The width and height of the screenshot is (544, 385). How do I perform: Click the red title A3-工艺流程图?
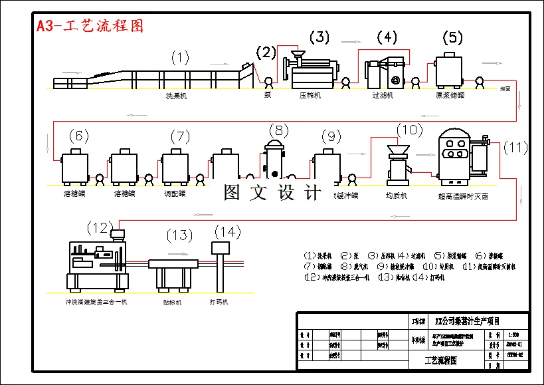point(90,26)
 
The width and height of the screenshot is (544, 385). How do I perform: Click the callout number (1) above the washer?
point(180,57)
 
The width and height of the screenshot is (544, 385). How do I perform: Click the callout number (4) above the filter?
point(387,37)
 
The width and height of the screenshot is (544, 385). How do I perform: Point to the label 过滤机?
point(383,96)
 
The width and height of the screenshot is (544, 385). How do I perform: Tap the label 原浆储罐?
point(448,96)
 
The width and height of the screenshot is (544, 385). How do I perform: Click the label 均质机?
point(397,196)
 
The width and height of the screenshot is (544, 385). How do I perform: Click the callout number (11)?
point(515,148)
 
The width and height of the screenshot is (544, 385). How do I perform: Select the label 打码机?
point(219,302)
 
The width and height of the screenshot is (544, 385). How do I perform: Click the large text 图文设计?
point(272,193)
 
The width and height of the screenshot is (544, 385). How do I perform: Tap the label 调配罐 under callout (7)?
point(175,194)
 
